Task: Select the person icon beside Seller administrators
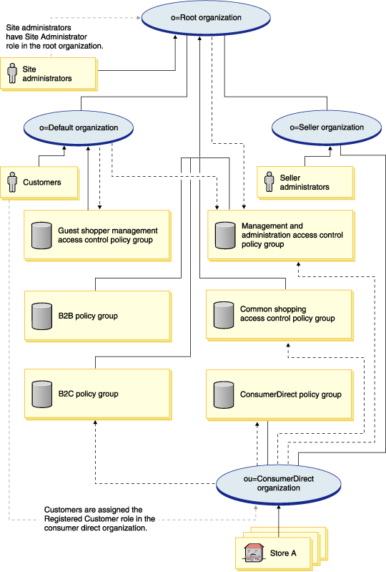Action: [x=269, y=182]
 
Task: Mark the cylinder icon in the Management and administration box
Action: [x=225, y=235]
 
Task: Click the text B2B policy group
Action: [x=88, y=315]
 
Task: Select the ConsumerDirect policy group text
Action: [x=291, y=394]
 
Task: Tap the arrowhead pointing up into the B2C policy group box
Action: [x=94, y=423]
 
